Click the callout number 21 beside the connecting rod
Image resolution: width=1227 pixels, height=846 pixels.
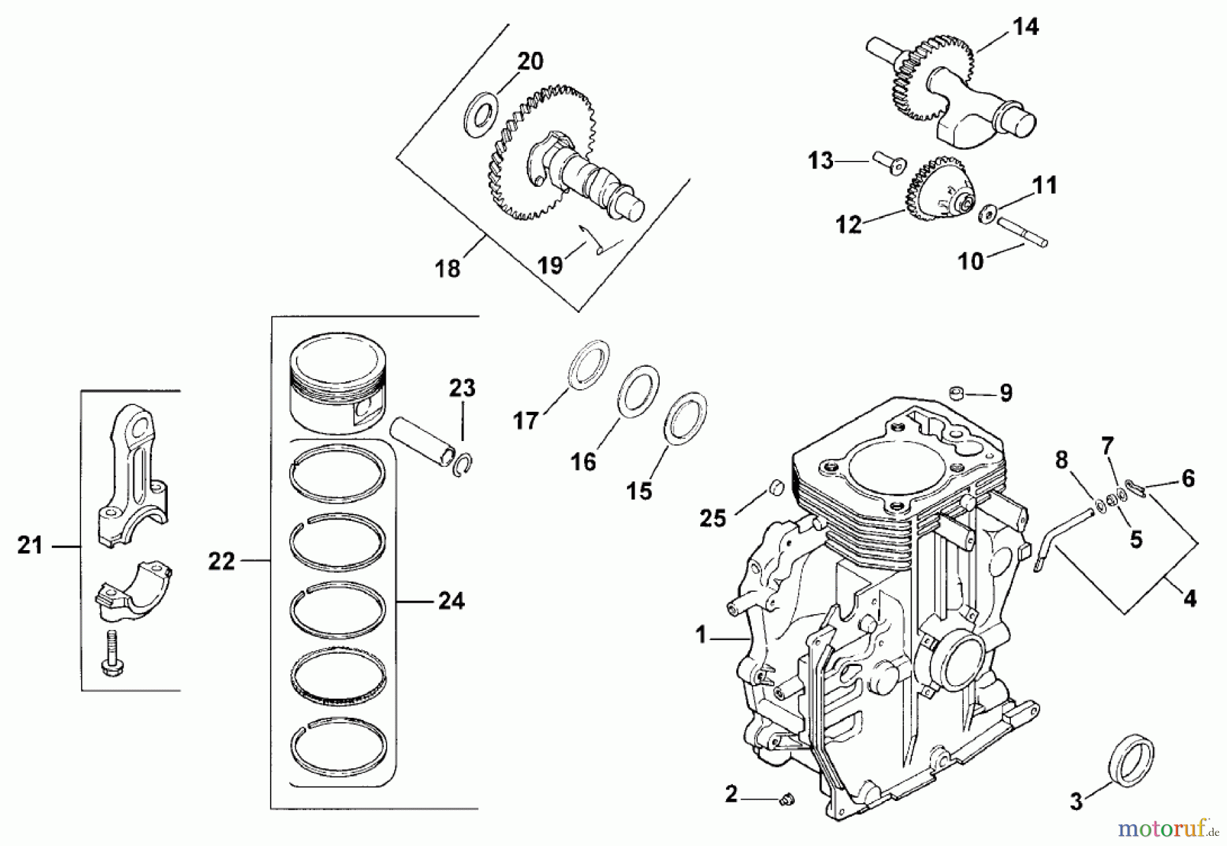click(x=30, y=545)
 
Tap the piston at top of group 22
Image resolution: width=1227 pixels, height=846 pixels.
click(x=337, y=385)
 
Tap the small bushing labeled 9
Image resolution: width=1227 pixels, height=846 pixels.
click(x=958, y=393)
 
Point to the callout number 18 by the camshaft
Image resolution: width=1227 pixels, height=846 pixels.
click(x=448, y=269)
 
